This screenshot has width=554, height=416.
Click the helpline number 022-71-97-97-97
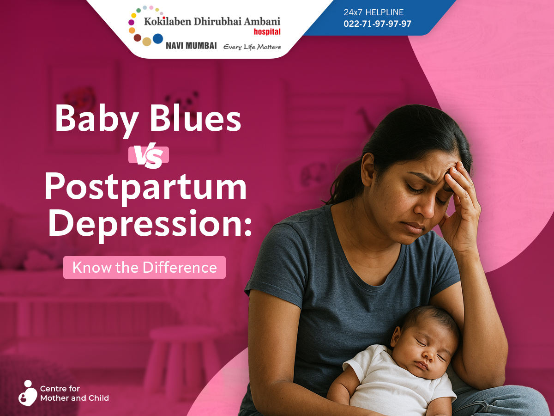point(377,24)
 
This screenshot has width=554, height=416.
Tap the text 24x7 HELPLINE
point(373,12)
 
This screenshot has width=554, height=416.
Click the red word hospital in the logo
point(267,32)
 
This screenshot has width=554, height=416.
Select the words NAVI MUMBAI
point(191,46)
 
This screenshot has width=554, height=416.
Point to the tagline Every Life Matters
point(252,47)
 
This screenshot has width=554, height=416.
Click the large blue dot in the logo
point(158,39)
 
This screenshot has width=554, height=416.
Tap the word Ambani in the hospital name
point(262,21)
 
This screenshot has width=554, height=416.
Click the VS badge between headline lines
point(148,155)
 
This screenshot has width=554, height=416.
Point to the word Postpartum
point(145,188)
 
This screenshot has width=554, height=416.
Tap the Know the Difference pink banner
point(145,268)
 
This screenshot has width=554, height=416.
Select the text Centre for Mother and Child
point(74,393)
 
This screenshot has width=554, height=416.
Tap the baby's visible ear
point(396,336)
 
